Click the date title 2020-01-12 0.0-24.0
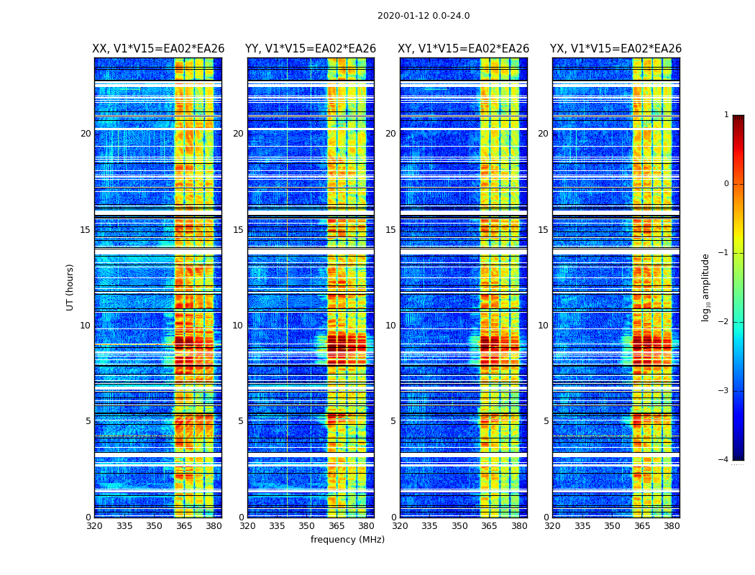pyautogui.click(x=423, y=16)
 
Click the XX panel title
pyautogui.click(x=158, y=49)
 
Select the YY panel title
pyautogui.click(x=311, y=49)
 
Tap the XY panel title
pyautogui.click(x=464, y=49)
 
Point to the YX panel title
pyautogui.click(x=616, y=49)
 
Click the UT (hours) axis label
pyautogui.click(x=70, y=287)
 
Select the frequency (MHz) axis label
pyautogui.click(x=347, y=540)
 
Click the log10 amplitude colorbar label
pyautogui.click(x=705, y=287)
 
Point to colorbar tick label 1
pyautogui.click(x=726, y=115)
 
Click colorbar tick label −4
pyautogui.click(x=724, y=460)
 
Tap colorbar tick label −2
pyautogui.click(x=724, y=322)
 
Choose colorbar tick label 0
pyautogui.click(x=726, y=184)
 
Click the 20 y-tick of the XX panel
pyautogui.click(x=86, y=134)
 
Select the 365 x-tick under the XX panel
pyautogui.click(x=184, y=526)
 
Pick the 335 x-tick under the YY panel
pyautogui.click(x=277, y=526)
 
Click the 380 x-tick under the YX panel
pyautogui.click(x=672, y=526)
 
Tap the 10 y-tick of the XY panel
pyautogui.click(x=390, y=326)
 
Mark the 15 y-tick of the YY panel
pyautogui.click(x=238, y=230)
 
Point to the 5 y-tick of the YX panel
pyautogui.click(x=546, y=421)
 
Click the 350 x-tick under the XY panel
pyautogui.click(x=459, y=526)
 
